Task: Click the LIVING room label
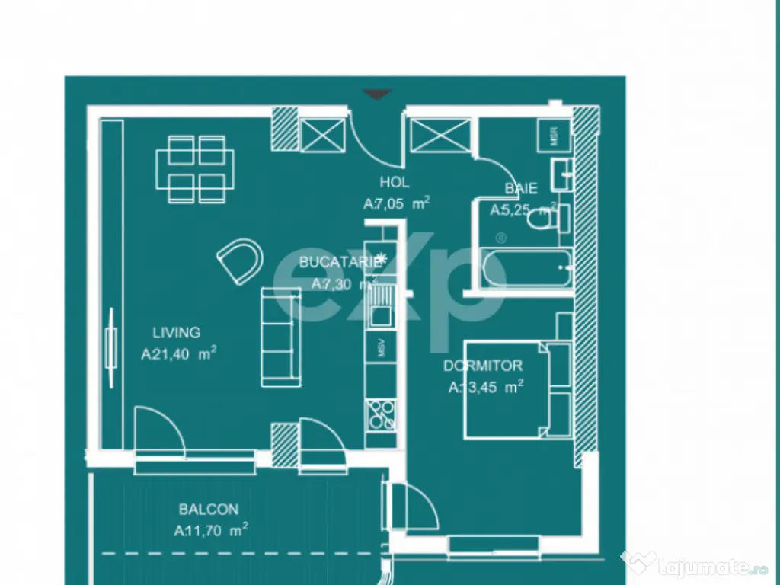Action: (x=176, y=333)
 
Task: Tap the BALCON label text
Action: (x=209, y=510)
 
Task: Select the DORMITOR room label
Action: (x=483, y=366)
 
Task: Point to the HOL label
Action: (x=395, y=183)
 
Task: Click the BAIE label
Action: (x=521, y=189)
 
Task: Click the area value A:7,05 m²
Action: (x=397, y=204)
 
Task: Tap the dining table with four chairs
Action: (x=196, y=170)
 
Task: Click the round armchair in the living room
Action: (x=240, y=260)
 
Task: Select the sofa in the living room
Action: (x=280, y=337)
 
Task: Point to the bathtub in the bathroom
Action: (x=526, y=267)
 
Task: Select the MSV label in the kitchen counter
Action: (x=381, y=348)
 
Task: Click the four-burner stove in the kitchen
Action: (x=381, y=414)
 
